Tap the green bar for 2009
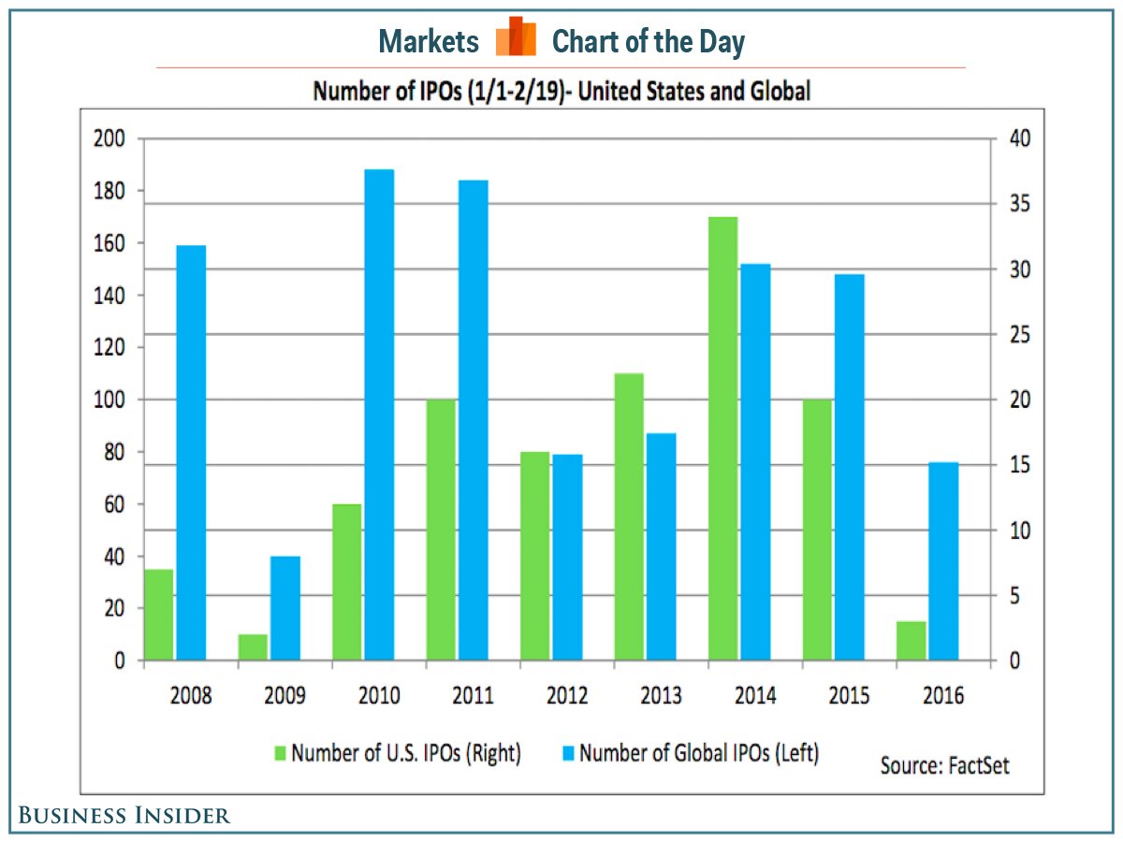pos(253,647)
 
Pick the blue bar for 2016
pos(943,561)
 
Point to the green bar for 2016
pos(912,641)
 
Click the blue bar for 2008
pos(191,453)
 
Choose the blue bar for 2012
pos(567,558)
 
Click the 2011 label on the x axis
pos(473,696)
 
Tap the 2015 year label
pos(850,696)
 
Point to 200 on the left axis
pos(110,139)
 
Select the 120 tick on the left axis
pos(110,348)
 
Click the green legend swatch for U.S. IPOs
pos(280,753)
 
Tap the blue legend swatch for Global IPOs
pos(568,753)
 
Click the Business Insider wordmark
pos(124,815)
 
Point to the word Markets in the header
pos(430,41)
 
